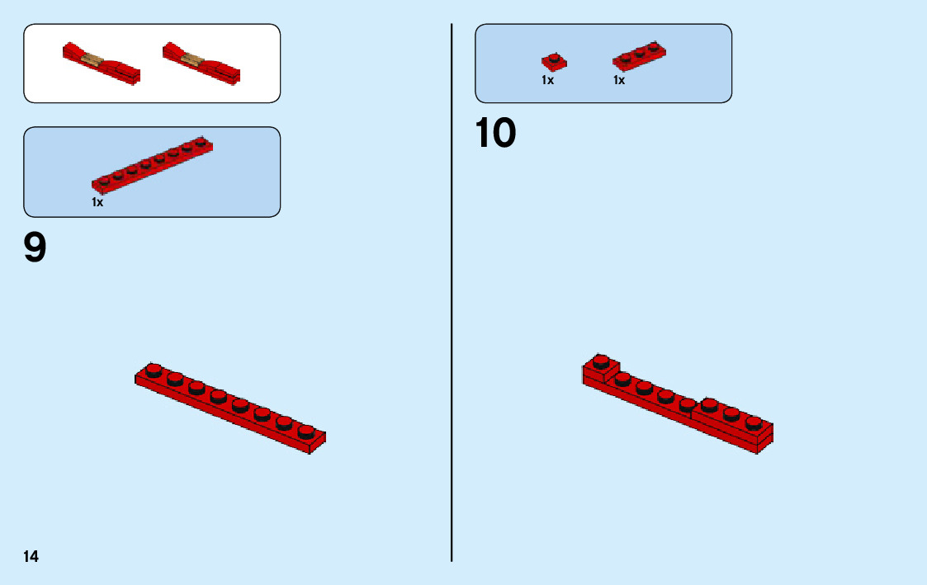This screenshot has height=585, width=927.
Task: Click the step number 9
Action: [x=35, y=248]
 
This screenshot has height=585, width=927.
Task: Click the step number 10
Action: [x=495, y=134]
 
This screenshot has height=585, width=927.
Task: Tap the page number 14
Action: [x=31, y=557]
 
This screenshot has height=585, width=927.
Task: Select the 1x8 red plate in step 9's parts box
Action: [x=153, y=164]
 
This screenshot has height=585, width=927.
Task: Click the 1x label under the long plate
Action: [x=97, y=202]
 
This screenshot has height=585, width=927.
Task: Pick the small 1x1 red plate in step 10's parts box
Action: [x=554, y=62]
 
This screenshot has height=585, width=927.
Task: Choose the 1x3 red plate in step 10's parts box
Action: [x=639, y=56]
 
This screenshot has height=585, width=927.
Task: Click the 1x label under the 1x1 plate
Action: [x=547, y=81]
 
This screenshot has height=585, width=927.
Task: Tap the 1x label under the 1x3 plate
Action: [x=619, y=81]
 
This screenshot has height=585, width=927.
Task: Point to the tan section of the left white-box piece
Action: [x=95, y=60]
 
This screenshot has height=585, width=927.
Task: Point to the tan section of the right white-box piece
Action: [x=194, y=59]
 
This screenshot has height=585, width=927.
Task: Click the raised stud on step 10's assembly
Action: [x=601, y=361]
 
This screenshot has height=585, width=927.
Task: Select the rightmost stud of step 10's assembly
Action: [x=753, y=422]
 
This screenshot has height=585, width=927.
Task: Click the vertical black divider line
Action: [x=452, y=292]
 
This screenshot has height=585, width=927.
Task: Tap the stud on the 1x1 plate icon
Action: [x=554, y=58]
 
